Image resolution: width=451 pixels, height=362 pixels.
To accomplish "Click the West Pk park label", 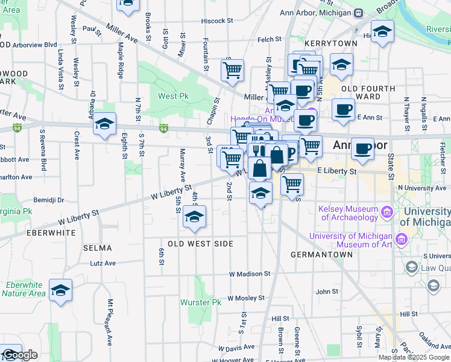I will (174, 96).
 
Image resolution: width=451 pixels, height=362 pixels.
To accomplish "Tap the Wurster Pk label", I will (200, 302).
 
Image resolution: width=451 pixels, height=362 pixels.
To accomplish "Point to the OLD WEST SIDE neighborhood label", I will (200, 243).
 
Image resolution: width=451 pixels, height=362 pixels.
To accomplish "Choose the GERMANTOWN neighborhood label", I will (321, 255).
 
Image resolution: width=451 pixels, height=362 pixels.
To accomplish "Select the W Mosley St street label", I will (247, 299).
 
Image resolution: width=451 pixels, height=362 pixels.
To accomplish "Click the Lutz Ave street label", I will (102, 263).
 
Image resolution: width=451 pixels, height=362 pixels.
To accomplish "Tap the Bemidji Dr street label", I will (49, 199).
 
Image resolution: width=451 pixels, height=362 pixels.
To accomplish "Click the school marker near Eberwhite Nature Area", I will (61, 291).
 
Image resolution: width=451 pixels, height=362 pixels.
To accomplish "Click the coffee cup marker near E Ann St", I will (344, 110).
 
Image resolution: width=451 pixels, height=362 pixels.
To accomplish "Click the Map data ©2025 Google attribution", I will (414, 357).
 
